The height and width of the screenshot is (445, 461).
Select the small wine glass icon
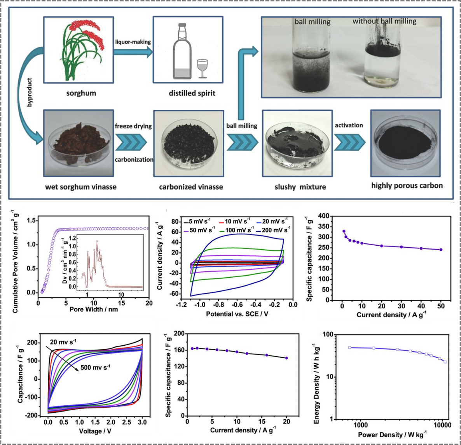pos(203,69)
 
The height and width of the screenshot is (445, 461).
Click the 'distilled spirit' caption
pos(192,93)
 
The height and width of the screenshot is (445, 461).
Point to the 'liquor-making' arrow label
pos(133,42)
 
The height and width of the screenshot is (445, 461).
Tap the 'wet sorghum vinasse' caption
pos(81,187)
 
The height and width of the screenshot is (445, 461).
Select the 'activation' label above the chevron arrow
pos(349,125)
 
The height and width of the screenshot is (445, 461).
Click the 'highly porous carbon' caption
pos(407,185)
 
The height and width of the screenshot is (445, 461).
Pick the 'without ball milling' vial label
pos(384,21)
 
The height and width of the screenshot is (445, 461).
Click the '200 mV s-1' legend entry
pos(276,230)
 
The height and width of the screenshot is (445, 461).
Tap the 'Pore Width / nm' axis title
pos(93,310)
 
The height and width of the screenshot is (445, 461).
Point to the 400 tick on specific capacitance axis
pos(324,216)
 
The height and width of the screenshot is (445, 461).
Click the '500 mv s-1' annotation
pos(95,368)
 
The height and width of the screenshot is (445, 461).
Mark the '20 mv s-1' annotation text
pos(63,342)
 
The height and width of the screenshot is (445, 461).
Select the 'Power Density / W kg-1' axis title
pos(392,434)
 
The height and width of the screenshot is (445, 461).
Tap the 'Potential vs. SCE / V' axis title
pos(237,314)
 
